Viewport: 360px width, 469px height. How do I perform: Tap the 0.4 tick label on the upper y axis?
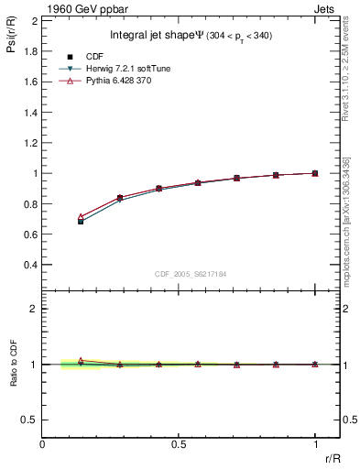[30, 266]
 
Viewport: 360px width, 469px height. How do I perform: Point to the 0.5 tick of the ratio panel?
[29, 420]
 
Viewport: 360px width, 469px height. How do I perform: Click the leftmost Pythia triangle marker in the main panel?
[81, 216]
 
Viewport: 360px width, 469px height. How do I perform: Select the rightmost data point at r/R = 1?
[315, 173]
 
